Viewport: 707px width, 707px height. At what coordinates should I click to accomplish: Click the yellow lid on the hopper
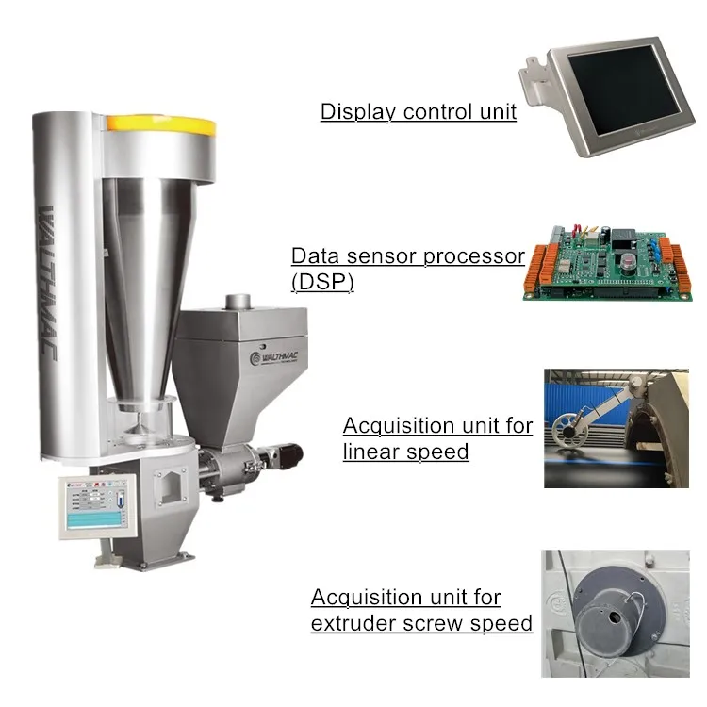160,123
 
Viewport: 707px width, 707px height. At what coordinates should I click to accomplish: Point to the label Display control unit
418,112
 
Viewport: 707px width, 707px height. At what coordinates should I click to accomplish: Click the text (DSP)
322,281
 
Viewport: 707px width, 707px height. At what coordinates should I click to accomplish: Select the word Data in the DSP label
316,256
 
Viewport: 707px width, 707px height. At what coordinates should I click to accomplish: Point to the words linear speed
405,452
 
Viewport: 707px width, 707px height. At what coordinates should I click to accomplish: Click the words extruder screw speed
421,623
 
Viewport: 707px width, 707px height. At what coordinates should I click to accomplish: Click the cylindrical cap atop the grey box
238,302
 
